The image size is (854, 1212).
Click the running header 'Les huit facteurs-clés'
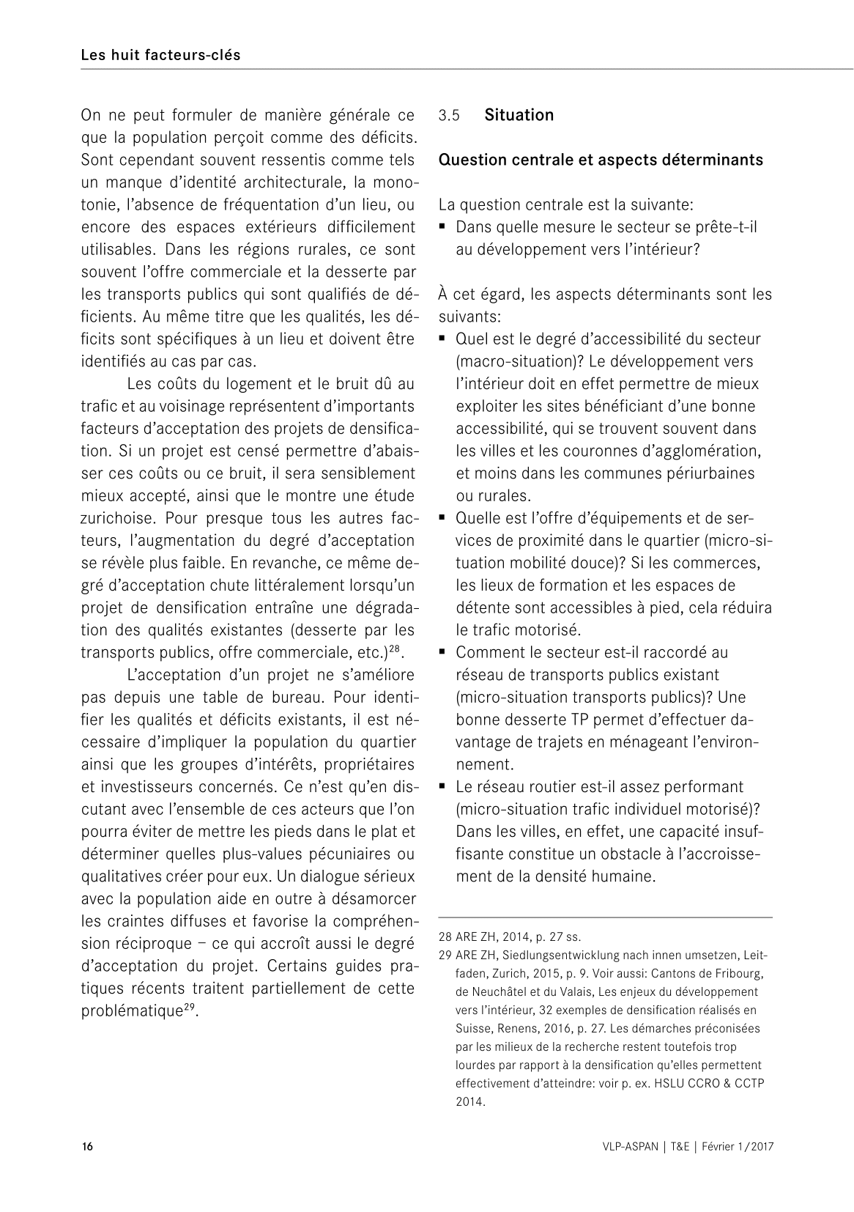(160, 55)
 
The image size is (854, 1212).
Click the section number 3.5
(448, 116)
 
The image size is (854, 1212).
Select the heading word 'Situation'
(519, 115)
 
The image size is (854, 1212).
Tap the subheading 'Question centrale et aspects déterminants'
(601, 160)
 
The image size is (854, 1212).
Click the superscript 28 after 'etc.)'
(395, 649)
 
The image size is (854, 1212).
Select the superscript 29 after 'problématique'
(188, 1007)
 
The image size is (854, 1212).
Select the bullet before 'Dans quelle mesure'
(443, 227)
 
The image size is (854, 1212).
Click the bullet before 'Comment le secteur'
(443, 652)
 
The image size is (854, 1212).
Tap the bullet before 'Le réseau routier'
(443, 786)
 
